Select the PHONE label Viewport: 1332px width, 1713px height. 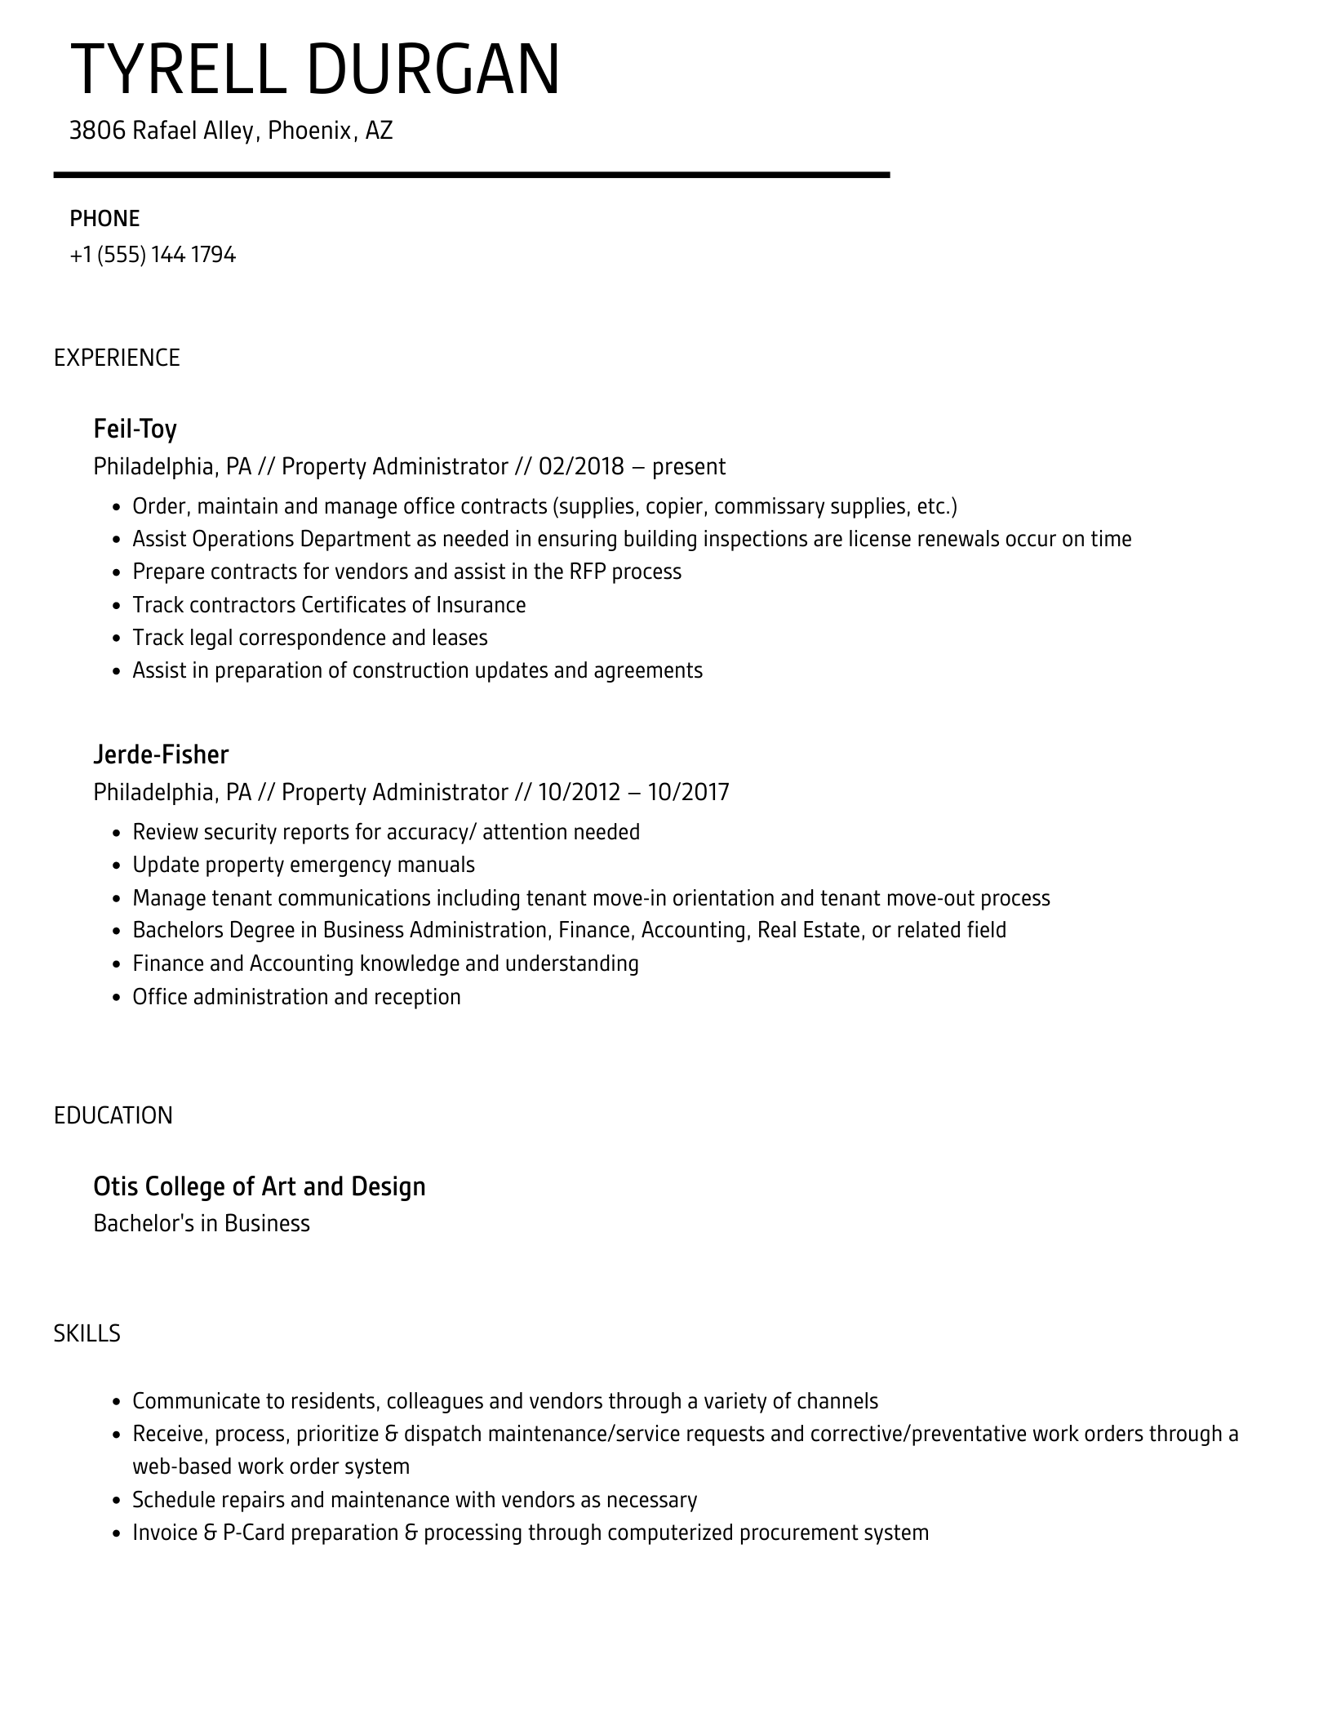[104, 219]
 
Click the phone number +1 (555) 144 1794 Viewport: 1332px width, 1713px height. [153, 256]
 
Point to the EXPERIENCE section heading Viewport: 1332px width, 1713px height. [117, 358]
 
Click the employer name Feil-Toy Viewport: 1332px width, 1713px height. [135, 429]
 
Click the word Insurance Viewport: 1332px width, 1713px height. [481, 605]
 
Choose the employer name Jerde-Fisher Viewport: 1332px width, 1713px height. [161, 754]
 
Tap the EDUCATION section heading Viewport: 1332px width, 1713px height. [113, 1115]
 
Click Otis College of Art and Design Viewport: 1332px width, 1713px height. [260, 1186]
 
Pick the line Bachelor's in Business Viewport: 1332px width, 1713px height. [202, 1224]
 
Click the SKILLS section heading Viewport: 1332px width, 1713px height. [87, 1333]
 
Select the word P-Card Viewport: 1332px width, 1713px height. [253, 1533]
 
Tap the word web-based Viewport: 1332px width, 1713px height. [182, 1466]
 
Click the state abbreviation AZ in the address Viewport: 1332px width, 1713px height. [379, 131]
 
